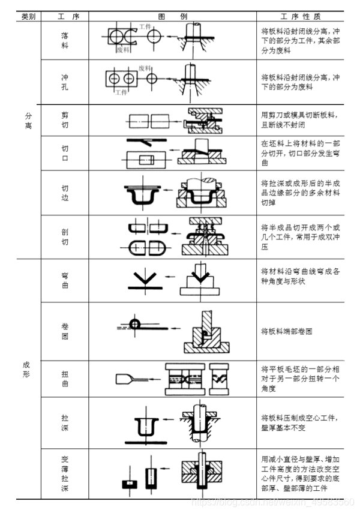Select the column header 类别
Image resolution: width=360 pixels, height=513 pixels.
28,16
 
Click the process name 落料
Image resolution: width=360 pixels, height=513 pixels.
65,40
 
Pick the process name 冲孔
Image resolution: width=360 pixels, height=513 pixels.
65,82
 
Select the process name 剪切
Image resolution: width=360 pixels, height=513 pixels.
65,119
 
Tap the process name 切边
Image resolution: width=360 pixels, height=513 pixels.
65,193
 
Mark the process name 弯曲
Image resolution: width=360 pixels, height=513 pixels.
65,281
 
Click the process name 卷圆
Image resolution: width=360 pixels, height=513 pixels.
65,332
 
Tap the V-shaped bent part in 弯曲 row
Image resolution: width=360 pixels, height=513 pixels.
145,278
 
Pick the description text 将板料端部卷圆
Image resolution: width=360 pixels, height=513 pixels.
288,331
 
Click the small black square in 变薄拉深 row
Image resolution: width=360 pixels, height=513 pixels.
127,483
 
